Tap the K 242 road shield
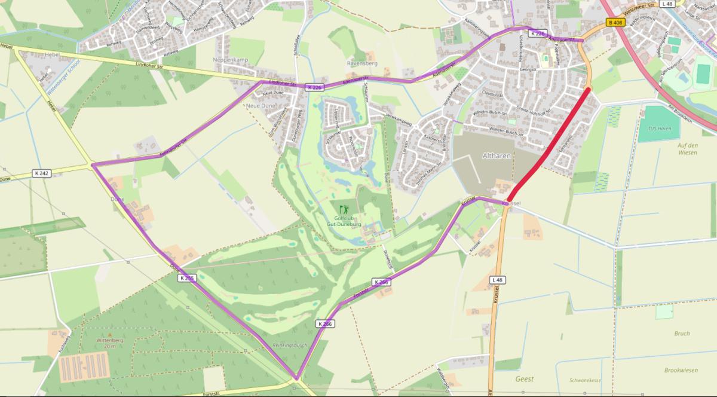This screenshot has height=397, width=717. pyautogui.click(x=42, y=173)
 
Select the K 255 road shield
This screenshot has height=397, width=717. pyautogui.click(x=186, y=278)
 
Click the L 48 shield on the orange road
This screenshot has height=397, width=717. pyautogui.click(x=497, y=280)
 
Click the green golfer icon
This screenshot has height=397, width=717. pyautogui.click(x=343, y=209)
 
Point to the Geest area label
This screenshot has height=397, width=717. pyautogui.click(x=524, y=379)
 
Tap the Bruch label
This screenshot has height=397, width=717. pyautogui.click(x=682, y=334)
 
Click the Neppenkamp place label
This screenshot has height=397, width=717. pyautogui.click(x=229, y=60)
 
